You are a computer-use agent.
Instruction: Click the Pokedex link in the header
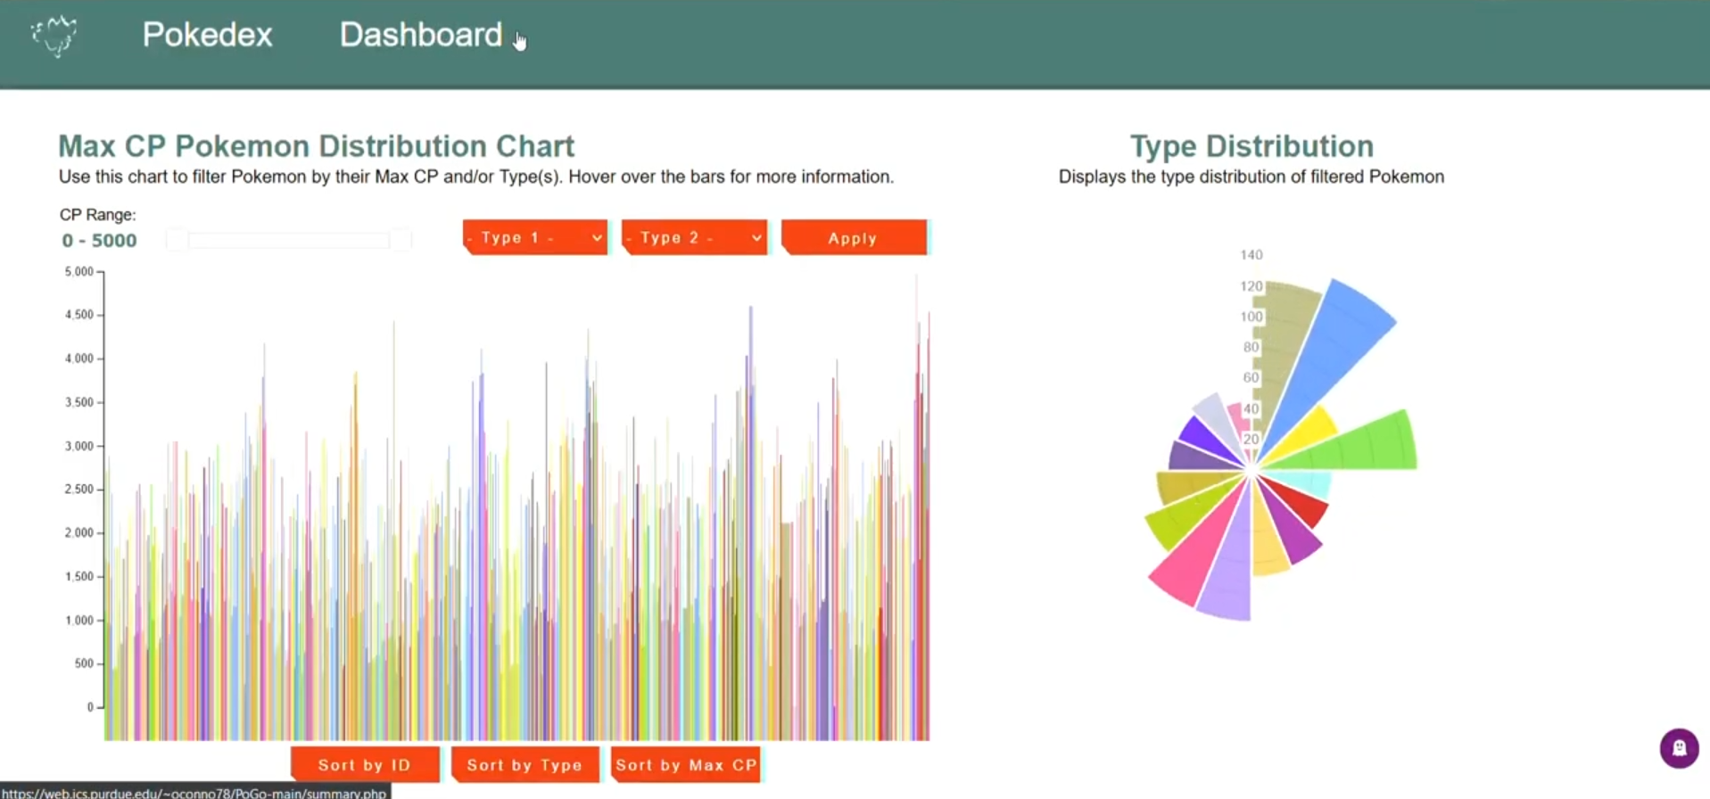coord(207,35)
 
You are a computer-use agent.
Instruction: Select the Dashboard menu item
coord(421,35)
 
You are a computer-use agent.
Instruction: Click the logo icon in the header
coord(54,36)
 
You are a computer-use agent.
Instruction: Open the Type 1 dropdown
coord(535,238)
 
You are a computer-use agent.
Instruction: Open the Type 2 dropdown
coord(695,238)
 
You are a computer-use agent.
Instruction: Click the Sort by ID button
coord(365,765)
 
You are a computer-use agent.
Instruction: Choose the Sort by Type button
coord(525,765)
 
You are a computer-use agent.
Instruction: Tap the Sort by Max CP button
coord(686,765)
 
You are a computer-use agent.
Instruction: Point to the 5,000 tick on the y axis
coord(79,271)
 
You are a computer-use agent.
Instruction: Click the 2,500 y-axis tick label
coord(79,490)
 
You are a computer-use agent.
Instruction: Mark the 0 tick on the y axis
coord(90,707)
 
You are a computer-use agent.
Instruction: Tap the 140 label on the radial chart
coord(1252,255)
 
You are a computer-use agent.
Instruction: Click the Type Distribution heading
coord(1252,146)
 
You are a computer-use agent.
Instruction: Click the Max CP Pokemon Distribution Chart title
coord(317,146)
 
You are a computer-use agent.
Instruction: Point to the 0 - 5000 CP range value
coord(99,241)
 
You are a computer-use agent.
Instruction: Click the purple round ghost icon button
coord(1679,748)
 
